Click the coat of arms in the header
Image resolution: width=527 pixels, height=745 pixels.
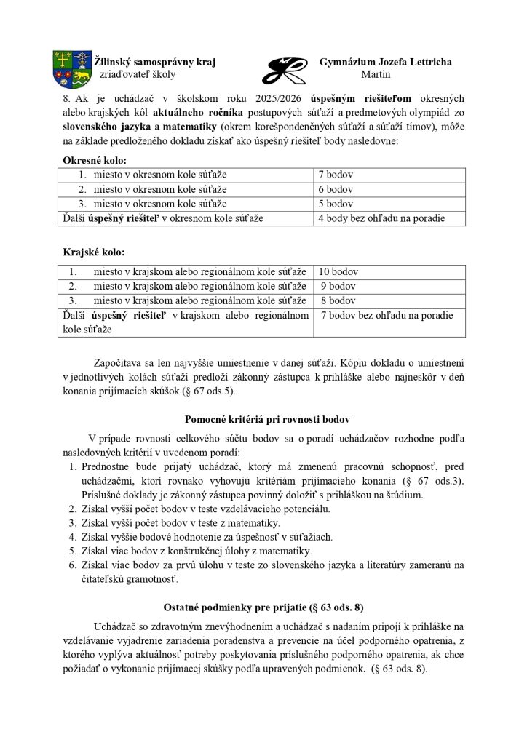coord(71,68)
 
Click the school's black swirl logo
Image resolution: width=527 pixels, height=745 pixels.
coord(283,70)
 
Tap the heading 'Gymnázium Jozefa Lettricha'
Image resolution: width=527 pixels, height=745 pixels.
coord(385,62)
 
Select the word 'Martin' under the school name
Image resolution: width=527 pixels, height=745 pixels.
coord(376,74)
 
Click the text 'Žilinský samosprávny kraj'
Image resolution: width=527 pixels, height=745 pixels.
coord(155,62)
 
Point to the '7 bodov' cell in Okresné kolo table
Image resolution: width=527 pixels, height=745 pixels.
coord(336,175)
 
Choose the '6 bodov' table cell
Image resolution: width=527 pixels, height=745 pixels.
coord(336,189)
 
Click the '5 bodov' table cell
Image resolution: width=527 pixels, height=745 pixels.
coord(336,204)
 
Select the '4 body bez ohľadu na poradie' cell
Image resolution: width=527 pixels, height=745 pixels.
coord(381,218)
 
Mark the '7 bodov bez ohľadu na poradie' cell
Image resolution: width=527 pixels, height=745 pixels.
coord(387,315)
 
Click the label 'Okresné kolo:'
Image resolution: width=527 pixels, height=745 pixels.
coord(95,159)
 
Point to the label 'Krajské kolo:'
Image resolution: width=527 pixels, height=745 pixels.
coord(94,252)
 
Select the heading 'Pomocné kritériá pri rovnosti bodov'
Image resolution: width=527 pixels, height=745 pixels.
coord(268,420)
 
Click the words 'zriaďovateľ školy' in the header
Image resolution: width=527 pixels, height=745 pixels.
coord(137,74)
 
